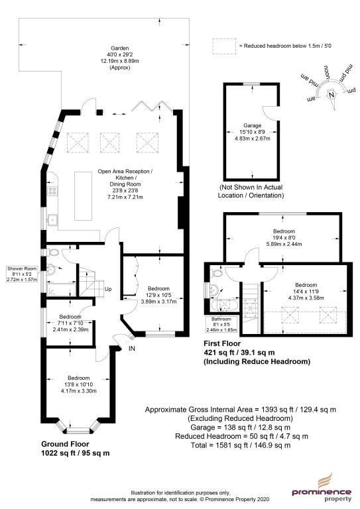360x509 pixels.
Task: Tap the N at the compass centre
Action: click(331, 95)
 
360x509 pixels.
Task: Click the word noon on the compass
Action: click(326, 73)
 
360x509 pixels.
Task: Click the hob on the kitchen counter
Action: click(52, 191)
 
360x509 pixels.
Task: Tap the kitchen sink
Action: click(52, 220)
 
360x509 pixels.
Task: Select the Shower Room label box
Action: click(22, 274)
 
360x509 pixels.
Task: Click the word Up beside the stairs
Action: click(108, 289)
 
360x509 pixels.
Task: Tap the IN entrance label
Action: click(132, 349)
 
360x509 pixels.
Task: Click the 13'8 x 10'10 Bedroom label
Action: click(78, 384)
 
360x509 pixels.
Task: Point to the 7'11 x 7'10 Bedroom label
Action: click(70, 323)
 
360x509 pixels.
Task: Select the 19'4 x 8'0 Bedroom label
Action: click(284, 238)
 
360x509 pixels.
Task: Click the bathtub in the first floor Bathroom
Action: click(224, 306)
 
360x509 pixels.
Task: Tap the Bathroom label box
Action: click(221, 325)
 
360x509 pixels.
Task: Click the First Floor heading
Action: click(222, 343)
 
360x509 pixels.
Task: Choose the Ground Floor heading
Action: click(65, 444)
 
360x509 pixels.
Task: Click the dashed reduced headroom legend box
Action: click(224, 46)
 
